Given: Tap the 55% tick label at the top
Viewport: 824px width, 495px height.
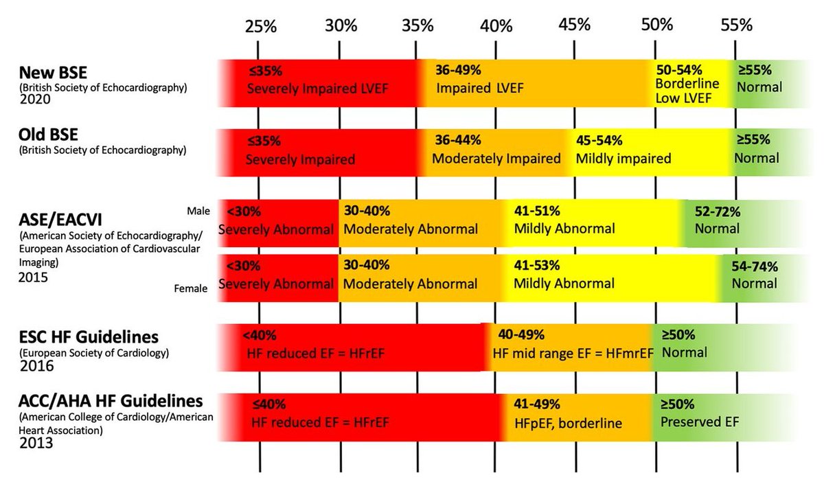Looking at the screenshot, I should point(736,25).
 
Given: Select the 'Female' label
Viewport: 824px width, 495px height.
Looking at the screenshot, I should point(191,289).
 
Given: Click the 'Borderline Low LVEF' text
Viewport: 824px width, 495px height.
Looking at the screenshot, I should point(687,91).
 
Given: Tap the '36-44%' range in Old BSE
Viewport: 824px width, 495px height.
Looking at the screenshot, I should point(458,141).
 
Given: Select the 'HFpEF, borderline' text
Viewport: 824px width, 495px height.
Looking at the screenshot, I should point(567,423).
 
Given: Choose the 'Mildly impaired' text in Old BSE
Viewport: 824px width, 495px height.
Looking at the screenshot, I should point(623,159).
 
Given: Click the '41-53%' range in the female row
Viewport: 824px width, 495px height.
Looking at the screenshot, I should point(537,265).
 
